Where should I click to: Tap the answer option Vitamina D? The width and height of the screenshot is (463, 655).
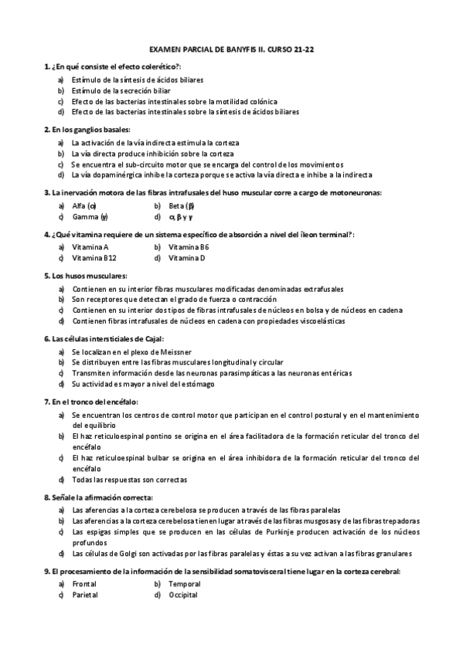coord(188,258)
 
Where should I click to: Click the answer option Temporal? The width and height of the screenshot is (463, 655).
coord(184,584)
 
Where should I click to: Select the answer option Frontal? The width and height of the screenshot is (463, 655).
coord(84,584)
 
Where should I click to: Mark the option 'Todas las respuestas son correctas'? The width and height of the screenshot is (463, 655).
coord(129,479)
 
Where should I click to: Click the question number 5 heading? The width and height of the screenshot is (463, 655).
coord(48,275)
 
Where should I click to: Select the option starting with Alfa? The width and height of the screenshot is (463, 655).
coord(81,205)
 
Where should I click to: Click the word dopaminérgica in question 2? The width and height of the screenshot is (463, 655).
coord(117,175)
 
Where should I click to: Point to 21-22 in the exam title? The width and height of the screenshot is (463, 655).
coord(305,48)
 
